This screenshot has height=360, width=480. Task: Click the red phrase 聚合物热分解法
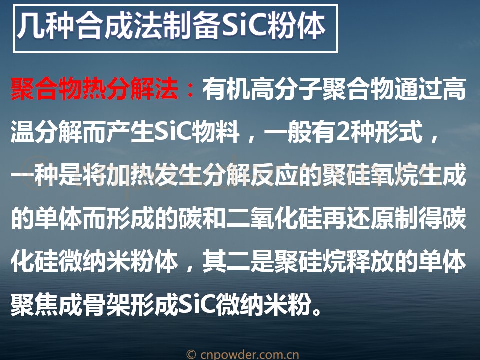coord(94,89)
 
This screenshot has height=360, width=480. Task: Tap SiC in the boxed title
coord(244,26)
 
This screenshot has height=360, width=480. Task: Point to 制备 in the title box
coord(192,26)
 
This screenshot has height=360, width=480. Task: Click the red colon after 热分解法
coord(190,90)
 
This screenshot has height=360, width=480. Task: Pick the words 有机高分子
coord(262,89)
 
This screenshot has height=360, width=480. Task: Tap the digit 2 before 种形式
coord(343,132)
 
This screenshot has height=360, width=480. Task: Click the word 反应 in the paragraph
coord(274,175)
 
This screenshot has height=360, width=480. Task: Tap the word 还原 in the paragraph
coord(370,218)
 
